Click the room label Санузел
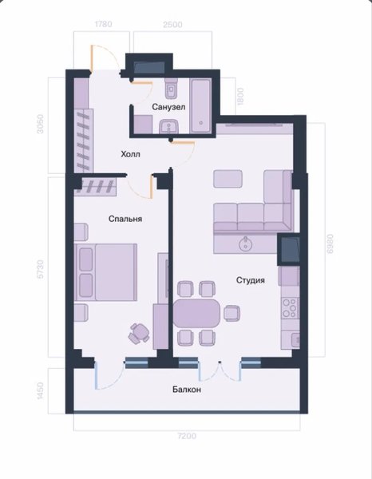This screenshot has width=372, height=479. click(x=168, y=107)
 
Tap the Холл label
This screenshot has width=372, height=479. click(x=130, y=154)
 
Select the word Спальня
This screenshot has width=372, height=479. click(x=125, y=219)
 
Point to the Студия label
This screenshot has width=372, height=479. click(x=251, y=280)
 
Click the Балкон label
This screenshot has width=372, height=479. click(x=187, y=390)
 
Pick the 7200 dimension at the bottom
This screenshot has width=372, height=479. click(x=187, y=436)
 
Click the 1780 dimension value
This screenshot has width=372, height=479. click(x=104, y=24)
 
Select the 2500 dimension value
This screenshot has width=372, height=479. click(x=172, y=25)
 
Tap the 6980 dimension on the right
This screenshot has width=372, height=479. click(x=330, y=243)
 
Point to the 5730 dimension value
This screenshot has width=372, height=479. click(x=40, y=269)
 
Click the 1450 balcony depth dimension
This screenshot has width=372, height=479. click(x=40, y=390)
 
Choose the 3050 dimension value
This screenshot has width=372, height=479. click(x=40, y=124)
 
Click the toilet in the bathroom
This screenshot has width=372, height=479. click(x=172, y=88)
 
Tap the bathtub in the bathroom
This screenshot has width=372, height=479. click(x=200, y=105)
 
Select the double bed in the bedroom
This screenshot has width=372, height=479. click(x=105, y=272)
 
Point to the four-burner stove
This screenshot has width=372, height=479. click(x=290, y=308)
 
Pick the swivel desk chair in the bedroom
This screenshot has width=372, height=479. click(x=139, y=334)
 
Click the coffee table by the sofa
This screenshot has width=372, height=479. click(x=228, y=179)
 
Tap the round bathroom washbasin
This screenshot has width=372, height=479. click(x=169, y=126)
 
